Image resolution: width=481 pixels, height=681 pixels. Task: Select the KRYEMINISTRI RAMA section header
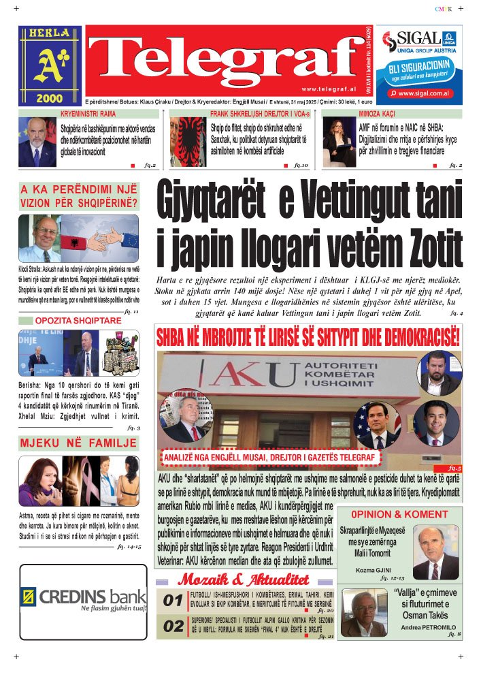click(88, 114)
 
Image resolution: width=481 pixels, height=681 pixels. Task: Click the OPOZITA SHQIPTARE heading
click(78, 320)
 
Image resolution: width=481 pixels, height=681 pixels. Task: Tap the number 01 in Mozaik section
click(172, 601)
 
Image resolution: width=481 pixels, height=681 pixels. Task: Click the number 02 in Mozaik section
click(172, 627)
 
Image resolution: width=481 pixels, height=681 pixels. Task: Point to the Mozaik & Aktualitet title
click(243, 580)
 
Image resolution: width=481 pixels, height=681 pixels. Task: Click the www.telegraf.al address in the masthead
click(327, 89)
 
